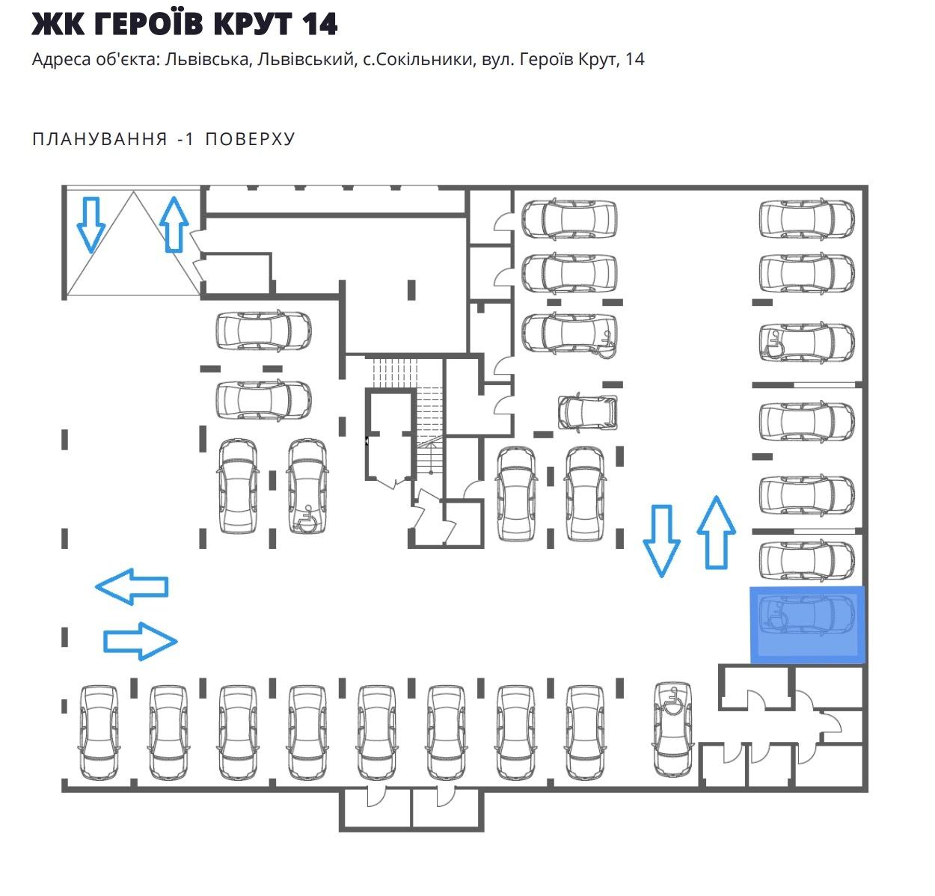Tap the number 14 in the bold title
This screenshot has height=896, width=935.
(319, 25)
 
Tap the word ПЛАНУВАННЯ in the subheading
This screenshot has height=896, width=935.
(100, 139)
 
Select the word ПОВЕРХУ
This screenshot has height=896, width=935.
(251, 139)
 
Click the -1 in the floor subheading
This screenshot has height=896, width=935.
(186, 139)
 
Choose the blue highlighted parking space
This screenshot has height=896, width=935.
(808, 624)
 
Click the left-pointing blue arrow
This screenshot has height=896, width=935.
(132, 586)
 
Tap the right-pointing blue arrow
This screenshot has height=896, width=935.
(140, 641)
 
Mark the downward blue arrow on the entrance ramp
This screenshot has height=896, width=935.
(91, 224)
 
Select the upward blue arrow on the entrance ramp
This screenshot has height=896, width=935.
(174, 224)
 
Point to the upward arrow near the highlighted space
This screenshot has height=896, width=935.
(716, 532)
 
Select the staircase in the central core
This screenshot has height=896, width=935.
(429, 419)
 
